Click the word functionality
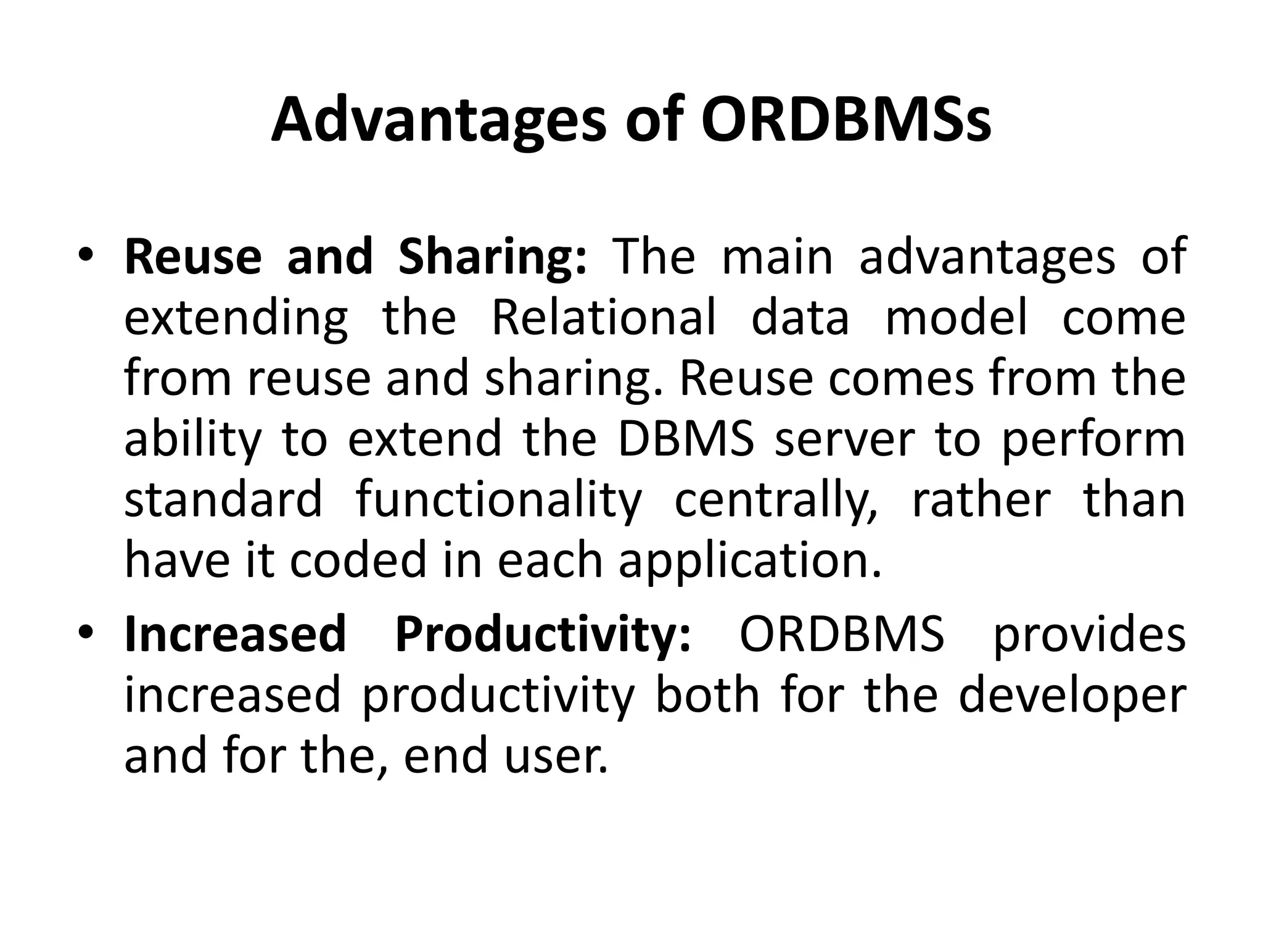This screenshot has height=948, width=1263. [x=499, y=500]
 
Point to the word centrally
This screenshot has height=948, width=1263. [x=776, y=500]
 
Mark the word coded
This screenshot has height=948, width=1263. [x=358, y=559]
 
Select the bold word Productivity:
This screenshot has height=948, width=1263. [x=543, y=634]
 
